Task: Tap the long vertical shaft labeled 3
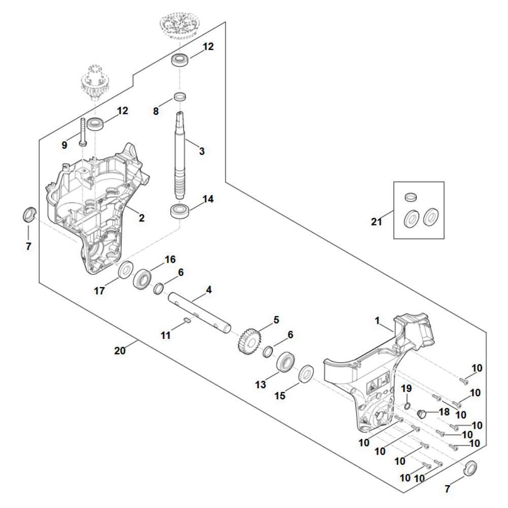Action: coord(181,152)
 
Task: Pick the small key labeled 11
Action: coord(186,320)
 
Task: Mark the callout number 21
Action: coord(376,221)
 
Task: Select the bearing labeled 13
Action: coord(288,363)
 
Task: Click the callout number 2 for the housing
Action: coord(142,218)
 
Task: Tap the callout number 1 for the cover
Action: coord(377,321)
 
